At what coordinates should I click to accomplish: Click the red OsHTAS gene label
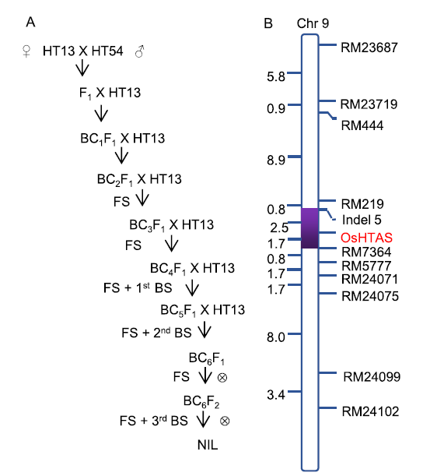click(366, 238)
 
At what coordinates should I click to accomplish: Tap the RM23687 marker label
click(369, 48)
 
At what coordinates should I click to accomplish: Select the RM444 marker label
click(362, 125)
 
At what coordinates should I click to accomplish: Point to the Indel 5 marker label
click(362, 220)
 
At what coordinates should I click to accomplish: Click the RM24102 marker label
click(370, 411)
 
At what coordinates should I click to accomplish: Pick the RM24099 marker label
click(372, 377)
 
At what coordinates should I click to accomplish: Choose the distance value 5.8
click(276, 76)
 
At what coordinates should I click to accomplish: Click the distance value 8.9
click(276, 160)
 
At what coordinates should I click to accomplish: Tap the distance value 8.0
click(275, 337)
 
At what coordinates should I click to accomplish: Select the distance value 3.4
click(276, 395)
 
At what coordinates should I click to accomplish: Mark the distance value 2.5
click(279, 227)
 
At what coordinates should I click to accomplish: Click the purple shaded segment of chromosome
click(309, 228)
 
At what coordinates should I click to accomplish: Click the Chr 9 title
click(313, 23)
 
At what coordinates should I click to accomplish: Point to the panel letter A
click(30, 22)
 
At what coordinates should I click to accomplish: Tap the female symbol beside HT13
click(26, 51)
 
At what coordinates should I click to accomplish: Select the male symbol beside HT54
click(139, 51)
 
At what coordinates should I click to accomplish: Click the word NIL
click(208, 445)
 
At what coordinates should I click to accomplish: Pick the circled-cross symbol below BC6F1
click(222, 377)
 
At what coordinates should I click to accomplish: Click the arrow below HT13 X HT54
click(82, 67)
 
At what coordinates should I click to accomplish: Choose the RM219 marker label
click(362, 204)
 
